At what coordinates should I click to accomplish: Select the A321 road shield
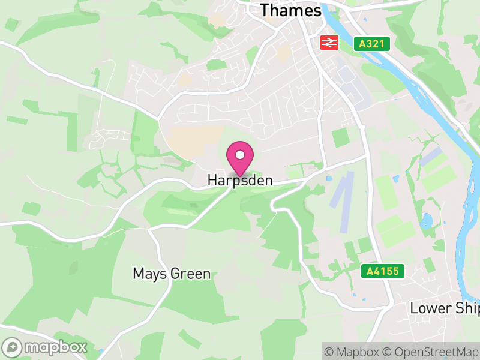pyautogui.click(x=372, y=44)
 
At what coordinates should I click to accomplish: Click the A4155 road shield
pyautogui.click(x=382, y=271)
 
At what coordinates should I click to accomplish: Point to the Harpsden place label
pyautogui.click(x=240, y=180)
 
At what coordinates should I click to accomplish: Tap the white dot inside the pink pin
pyautogui.click(x=240, y=155)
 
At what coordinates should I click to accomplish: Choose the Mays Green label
pyautogui.click(x=172, y=274)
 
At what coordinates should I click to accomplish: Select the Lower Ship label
pyautogui.click(x=445, y=308)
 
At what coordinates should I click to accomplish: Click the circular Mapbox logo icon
pyautogui.click(x=13, y=347)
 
